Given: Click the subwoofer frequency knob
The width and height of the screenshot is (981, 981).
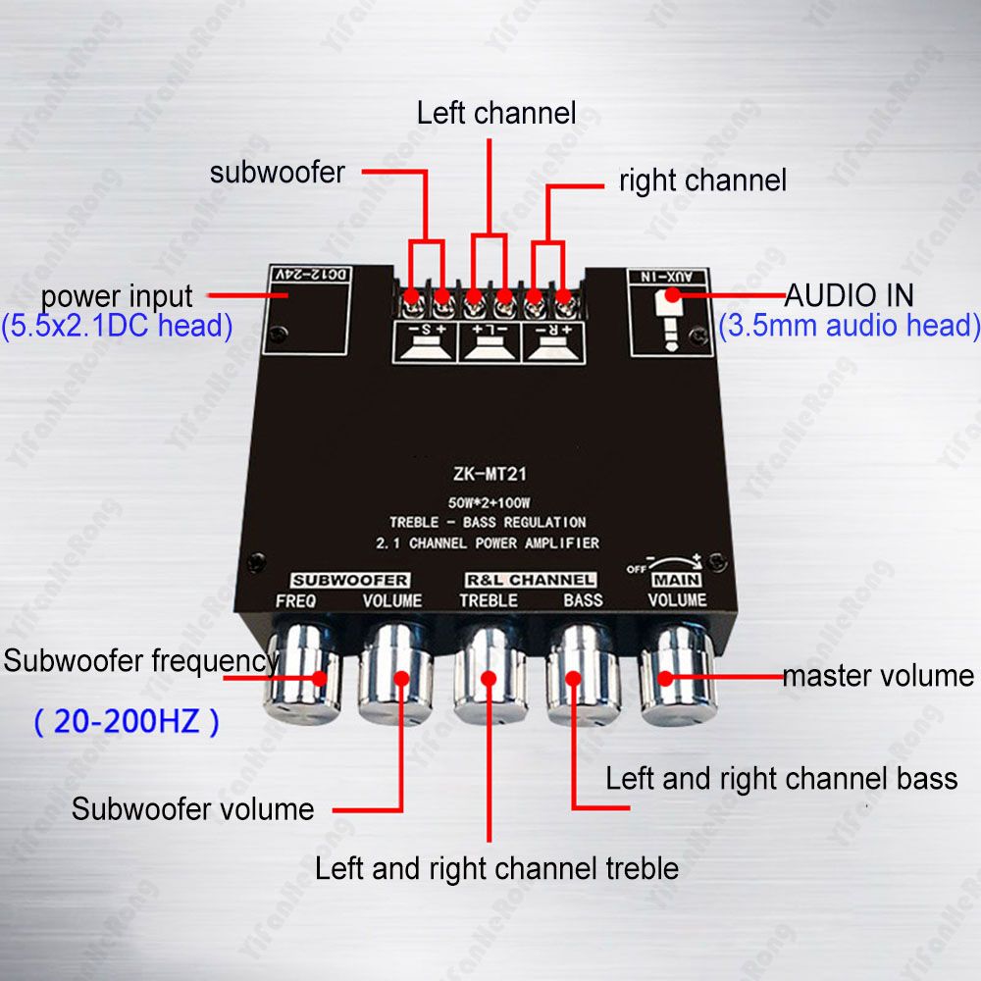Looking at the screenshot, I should click(301, 677).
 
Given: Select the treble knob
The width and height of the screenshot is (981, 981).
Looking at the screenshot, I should click(489, 677).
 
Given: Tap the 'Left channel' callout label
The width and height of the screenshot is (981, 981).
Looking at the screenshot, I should click(495, 113).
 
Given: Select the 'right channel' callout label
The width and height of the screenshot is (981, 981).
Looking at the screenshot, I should click(702, 181).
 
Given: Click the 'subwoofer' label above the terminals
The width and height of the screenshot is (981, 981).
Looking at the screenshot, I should click(278, 173).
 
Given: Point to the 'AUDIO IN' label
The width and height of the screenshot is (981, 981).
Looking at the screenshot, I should click(850, 294).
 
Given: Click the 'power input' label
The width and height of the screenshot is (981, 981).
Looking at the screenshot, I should click(117, 295).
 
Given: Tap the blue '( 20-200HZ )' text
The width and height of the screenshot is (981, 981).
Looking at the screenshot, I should click(127, 723).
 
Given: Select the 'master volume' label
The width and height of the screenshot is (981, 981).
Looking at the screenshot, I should click(878, 676).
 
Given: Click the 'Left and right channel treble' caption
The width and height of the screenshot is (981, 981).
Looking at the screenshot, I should click(496, 868).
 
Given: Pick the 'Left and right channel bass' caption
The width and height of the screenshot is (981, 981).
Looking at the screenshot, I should click(781, 779).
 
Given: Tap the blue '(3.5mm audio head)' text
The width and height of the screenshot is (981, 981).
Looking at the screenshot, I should click(850, 326).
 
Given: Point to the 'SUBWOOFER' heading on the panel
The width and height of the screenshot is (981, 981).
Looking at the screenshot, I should click(350, 580).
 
